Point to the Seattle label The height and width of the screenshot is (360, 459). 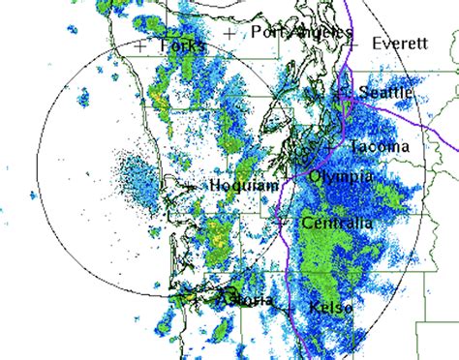385,93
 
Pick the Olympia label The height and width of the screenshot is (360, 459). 340,177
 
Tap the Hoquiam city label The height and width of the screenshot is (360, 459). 236,184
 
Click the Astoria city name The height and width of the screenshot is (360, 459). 246,301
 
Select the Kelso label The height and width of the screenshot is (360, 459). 330,308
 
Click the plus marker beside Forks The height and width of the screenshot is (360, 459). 142,45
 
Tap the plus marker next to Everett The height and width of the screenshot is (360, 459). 353,45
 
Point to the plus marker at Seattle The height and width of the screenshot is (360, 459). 340,94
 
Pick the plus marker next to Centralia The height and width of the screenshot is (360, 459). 281,223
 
